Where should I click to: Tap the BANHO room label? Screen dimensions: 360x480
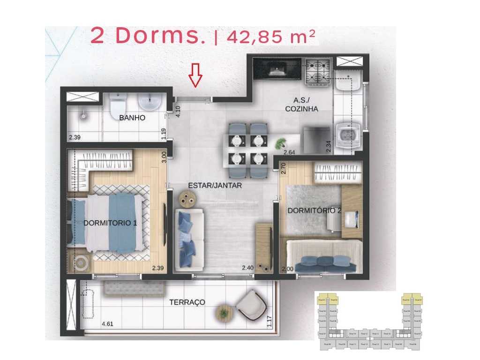point(132,118)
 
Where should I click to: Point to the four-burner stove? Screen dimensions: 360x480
point(318,72)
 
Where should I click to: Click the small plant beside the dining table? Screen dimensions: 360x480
point(280,143)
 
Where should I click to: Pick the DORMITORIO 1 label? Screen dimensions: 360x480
point(110,223)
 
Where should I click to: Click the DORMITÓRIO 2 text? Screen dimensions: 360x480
point(314,211)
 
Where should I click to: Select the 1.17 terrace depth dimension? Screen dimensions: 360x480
point(270,322)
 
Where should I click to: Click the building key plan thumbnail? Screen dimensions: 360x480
point(368,322)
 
